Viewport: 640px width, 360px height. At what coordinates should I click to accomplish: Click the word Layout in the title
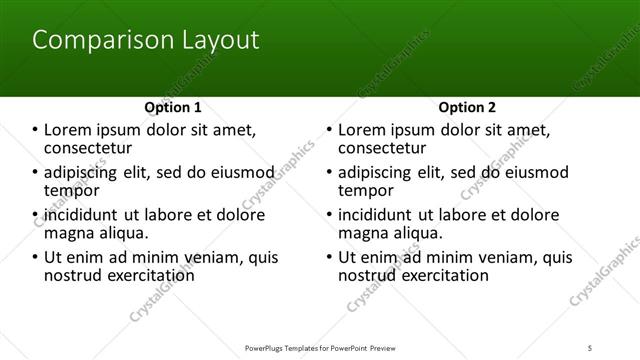217,41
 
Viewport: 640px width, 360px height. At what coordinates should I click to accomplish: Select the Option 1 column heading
173,107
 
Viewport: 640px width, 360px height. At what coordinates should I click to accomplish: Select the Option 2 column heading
466,107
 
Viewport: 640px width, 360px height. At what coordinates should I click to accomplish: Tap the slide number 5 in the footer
619,348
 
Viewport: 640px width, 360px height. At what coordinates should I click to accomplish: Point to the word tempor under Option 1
72,190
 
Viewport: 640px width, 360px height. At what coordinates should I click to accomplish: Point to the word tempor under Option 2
365,190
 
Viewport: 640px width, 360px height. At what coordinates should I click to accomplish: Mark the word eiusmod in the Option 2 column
536,172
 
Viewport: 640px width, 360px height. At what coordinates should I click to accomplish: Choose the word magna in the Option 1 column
68,233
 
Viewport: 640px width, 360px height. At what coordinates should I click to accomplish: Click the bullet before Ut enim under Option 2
329,258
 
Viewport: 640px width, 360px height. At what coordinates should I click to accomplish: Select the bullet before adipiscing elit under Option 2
329,172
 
